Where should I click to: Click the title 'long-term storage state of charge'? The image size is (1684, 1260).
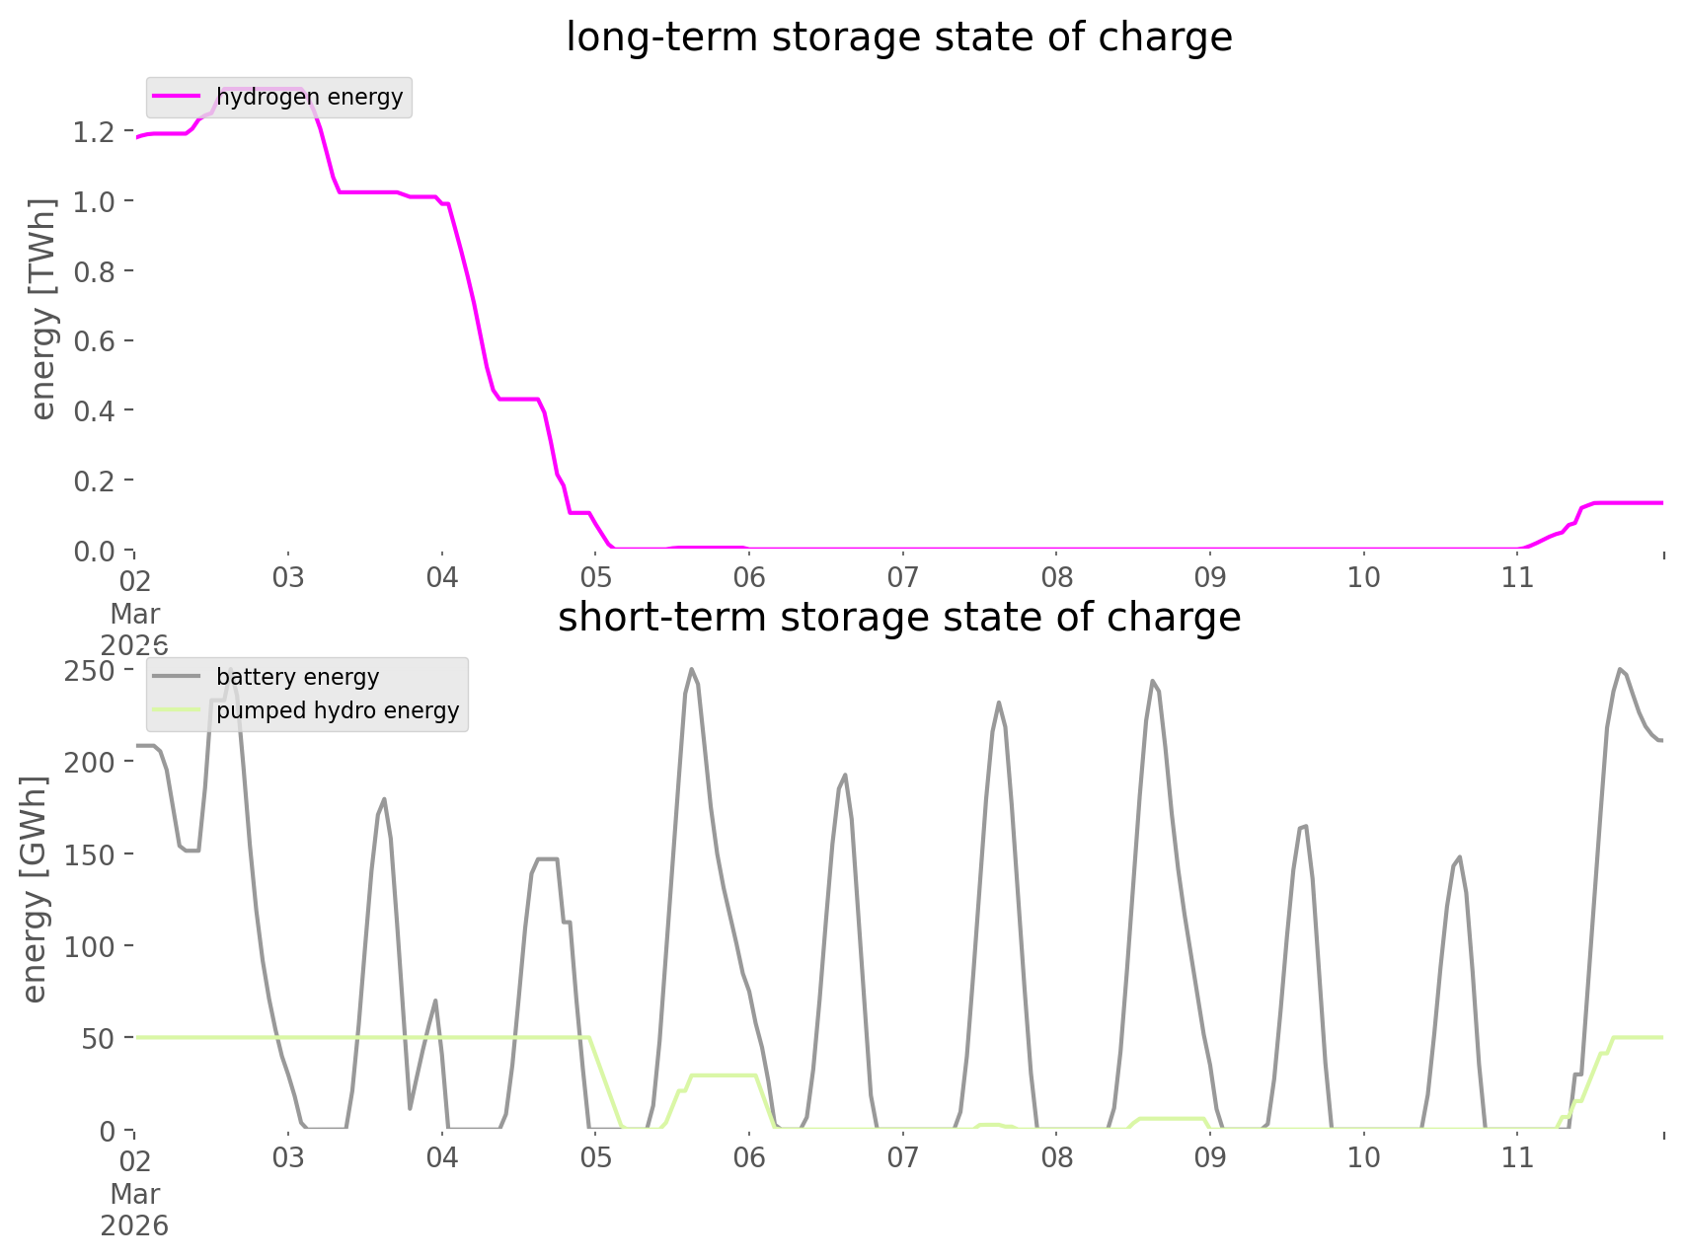coord(898,37)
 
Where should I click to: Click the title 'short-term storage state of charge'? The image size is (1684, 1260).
coord(898,618)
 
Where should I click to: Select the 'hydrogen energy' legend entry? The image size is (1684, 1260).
coord(309,97)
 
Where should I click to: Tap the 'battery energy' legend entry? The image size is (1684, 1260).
coord(297,677)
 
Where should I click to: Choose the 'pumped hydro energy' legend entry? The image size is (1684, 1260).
coord(337,710)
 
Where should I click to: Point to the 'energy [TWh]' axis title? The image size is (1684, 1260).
coord(43,309)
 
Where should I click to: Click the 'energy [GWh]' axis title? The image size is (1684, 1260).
coord(36,890)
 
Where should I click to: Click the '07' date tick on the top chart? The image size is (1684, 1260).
coord(902,577)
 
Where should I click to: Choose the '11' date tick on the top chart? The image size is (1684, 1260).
coord(1517,577)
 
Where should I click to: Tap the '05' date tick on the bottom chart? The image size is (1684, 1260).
coord(595,1157)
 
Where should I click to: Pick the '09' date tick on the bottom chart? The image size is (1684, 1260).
coord(1210,1157)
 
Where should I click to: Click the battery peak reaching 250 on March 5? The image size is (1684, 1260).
coord(691,670)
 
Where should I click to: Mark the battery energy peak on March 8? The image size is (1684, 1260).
coord(1152,681)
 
